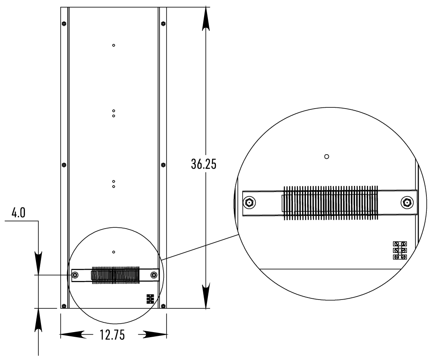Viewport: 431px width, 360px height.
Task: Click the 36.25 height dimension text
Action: point(204,164)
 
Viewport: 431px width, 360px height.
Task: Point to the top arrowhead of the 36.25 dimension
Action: point(205,19)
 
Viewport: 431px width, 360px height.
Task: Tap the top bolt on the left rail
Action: point(63,24)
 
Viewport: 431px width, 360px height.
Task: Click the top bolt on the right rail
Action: point(164,24)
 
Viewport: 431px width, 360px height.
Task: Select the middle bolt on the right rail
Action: point(164,165)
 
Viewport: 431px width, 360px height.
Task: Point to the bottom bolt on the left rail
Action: point(63,306)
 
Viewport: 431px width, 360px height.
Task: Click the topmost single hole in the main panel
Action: point(113,45)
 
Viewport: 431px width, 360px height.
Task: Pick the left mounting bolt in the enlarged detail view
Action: point(248,203)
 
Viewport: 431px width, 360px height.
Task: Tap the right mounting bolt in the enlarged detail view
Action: point(406,203)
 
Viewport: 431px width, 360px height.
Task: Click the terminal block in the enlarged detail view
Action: point(400,250)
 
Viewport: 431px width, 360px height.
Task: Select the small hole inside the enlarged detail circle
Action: point(326,156)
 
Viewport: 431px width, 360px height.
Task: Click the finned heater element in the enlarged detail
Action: point(330,203)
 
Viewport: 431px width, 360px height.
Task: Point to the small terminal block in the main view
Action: point(150,299)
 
